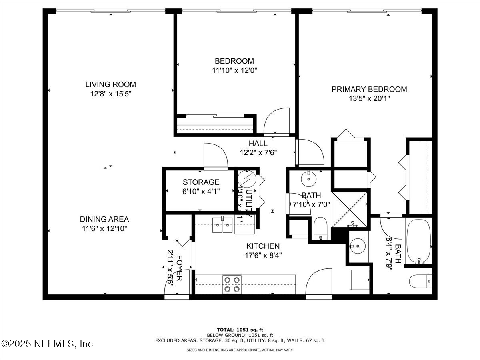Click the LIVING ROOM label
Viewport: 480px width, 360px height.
click(110, 84)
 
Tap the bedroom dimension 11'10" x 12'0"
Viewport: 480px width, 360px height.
click(234, 70)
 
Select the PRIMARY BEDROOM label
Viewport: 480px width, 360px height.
click(369, 89)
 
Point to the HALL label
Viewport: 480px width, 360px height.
click(258, 143)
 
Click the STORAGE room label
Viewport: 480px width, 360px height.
click(201, 182)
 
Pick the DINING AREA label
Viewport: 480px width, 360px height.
click(104, 219)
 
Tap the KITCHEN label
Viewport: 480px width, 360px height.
click(263, 246)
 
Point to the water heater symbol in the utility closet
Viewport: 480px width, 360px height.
click(245, 178)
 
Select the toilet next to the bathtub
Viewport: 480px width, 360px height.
click(420, 281)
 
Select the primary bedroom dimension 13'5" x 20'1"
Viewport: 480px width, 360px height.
click(369, 98)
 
